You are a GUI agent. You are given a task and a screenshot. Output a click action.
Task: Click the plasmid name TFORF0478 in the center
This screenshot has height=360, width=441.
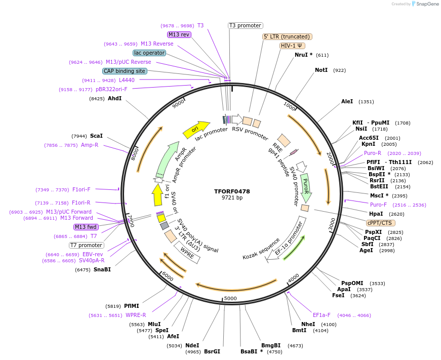232,191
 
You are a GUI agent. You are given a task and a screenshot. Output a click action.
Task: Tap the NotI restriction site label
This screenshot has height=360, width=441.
321,70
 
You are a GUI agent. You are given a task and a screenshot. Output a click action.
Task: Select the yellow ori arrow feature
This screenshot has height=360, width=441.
196,130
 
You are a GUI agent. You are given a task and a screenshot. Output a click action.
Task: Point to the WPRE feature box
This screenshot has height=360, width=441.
187,252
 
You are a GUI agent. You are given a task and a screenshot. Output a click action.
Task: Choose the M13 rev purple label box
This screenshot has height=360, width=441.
179,34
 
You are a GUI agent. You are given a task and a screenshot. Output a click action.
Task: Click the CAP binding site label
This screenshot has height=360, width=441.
125,71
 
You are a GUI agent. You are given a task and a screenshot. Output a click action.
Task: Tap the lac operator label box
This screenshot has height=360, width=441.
149,53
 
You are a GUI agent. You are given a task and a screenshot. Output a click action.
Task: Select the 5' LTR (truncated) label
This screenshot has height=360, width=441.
287,36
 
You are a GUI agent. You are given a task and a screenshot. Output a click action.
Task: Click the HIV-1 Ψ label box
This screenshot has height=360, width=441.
292,46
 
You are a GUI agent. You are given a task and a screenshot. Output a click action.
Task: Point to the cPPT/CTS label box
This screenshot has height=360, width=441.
381,223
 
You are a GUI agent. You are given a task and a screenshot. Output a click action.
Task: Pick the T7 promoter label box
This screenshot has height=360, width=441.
87,245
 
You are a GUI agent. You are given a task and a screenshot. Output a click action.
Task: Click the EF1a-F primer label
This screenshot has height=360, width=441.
322,315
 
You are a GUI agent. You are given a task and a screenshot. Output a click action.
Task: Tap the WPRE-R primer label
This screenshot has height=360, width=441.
136,315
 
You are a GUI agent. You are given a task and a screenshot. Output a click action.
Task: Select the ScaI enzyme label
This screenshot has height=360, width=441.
96,136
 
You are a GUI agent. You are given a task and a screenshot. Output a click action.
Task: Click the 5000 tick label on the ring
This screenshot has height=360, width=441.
230,298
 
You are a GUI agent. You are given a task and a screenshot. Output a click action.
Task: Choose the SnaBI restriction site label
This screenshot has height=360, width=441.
102,269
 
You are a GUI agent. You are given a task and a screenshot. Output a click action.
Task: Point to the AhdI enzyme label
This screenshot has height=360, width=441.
114,98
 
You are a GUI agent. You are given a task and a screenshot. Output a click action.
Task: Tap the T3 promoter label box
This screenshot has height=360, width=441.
245,25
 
